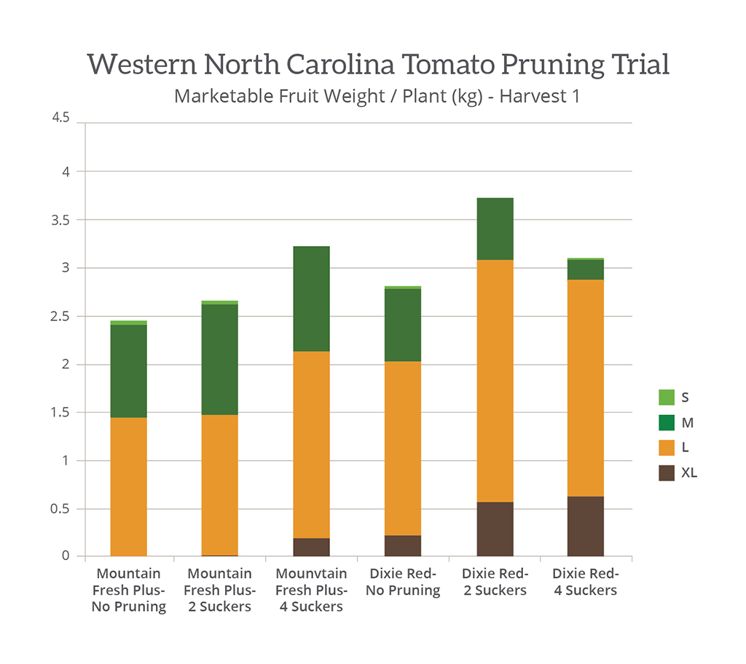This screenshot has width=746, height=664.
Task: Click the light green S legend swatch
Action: [667, 398]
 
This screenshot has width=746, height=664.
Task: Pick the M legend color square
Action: [667, 422]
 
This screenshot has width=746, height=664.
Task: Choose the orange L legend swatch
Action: [667, 447]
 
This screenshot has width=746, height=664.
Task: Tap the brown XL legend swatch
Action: [667, 473]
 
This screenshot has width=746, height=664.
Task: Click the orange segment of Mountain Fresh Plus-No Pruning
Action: [129, 486]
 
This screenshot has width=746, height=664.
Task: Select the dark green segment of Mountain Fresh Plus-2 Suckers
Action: [220, 360]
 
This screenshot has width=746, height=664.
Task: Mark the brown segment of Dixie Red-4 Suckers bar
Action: [586, 526]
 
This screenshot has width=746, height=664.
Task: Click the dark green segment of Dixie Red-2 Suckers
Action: [495, 229]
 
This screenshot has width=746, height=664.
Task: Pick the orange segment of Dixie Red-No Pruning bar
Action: [403, 448]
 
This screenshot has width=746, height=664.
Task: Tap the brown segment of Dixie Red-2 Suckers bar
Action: [495, 529]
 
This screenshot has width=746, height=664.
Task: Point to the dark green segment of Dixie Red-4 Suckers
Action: [586, 269]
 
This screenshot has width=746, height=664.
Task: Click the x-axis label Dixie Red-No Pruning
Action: [403, 582]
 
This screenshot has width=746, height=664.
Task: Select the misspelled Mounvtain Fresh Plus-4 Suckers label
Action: [312, 590]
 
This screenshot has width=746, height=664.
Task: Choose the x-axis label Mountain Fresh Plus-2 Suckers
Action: [220, 590]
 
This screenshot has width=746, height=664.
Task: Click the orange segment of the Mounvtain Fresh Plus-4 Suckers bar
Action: [312, 445]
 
